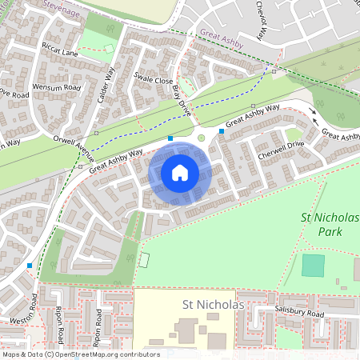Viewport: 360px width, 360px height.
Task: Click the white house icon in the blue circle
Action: (180, 172)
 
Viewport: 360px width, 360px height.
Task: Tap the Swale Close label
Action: (154, 80)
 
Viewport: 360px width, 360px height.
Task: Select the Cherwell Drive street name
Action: (281, 144)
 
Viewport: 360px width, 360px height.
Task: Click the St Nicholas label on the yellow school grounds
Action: (212, 305)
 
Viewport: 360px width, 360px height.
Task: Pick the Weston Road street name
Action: (34, 309)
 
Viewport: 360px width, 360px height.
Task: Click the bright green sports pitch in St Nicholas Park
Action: (313, 265)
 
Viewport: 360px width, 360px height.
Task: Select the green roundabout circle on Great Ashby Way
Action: (201, 138)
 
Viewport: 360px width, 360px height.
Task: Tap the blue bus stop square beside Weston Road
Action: (30, 265)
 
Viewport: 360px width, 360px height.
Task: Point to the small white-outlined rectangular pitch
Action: (144, 259)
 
